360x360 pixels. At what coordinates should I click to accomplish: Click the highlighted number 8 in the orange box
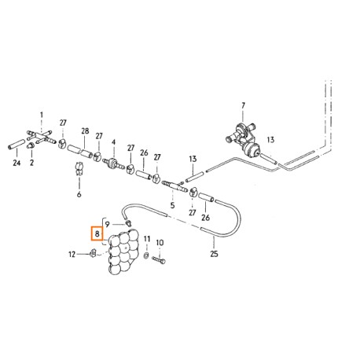pyautogui.click(x=97, y=233)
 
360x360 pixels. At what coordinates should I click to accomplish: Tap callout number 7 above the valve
pyautogui.click(x=243, y=105)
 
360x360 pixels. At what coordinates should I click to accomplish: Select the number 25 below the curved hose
pyautogui.click(x=214, y=254)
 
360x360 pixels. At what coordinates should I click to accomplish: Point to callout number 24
pyautogui.click(x=17, y=163)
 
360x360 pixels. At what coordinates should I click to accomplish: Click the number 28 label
pyautogui.click(x=85, y=130)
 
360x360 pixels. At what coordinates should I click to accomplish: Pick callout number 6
pyautogui.click(x=79, y=194)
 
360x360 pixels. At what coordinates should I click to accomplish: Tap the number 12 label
pyautogui.click(x=72, y=254)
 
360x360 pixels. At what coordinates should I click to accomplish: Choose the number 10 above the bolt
pyautogui.click(x=160, y=243)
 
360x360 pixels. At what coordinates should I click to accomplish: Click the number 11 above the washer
pyautogui.click(x=147, y=239)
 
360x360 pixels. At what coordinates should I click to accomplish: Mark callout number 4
pyautogui.click(x=113, y=142)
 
